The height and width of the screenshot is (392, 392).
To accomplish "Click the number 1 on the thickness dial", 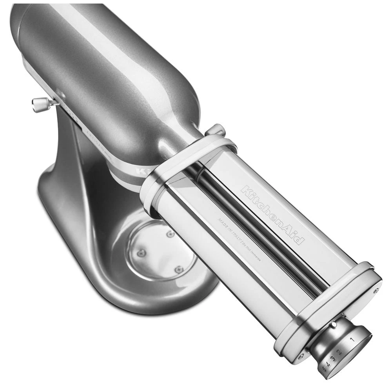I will [x=352, y=339].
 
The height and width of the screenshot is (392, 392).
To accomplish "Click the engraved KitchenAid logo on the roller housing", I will [x=272, y=214].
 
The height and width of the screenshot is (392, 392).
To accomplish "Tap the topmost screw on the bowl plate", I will [x=170, y=234].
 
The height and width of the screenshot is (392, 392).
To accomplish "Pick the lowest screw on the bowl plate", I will [x=179, y=269].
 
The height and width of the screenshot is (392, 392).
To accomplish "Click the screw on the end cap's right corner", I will [x=376, y=291].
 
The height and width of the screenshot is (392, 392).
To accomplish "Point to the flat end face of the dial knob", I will [x=355, y=345].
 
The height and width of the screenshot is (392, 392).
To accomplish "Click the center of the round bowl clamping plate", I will [x=162, y=251].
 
